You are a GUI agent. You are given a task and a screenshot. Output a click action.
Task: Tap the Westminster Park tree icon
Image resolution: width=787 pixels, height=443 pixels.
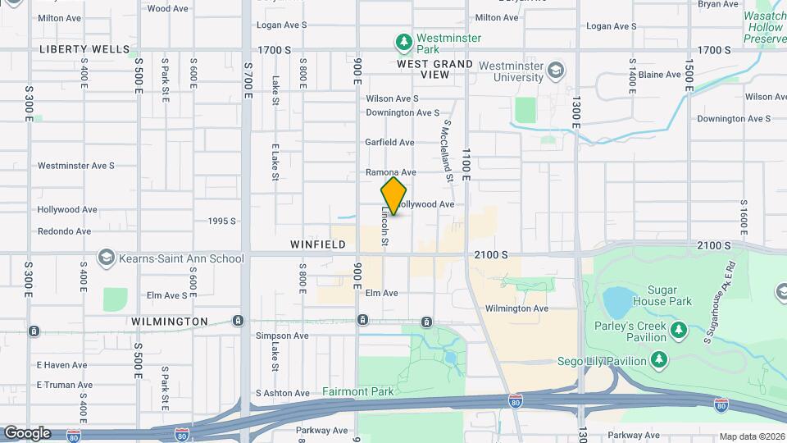403,40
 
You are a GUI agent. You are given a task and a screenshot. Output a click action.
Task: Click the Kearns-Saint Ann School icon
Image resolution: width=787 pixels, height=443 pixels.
106,258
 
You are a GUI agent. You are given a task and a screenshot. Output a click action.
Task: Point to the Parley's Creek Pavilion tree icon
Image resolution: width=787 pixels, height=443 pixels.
678,330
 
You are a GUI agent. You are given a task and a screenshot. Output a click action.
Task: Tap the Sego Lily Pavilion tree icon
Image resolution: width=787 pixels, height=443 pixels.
658,359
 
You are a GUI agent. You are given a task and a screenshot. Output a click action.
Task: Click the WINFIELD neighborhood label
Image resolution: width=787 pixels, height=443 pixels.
315,244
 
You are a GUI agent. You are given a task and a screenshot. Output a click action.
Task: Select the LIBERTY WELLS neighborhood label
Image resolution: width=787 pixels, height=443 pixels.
79,50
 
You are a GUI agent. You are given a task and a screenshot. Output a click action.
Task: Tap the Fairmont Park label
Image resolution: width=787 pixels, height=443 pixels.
357,391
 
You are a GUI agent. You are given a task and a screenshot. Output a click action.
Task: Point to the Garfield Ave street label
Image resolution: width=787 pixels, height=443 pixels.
389,143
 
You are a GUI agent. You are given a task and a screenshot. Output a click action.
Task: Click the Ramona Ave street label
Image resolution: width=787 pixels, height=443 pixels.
390,173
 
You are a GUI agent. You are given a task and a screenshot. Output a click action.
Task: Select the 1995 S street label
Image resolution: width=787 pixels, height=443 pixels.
221,221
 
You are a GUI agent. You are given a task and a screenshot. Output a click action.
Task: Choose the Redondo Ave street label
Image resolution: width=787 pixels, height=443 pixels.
64,231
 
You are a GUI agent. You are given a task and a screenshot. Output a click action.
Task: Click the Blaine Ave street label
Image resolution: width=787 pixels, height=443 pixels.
660,75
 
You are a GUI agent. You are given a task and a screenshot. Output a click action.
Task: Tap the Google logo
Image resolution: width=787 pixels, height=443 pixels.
27,433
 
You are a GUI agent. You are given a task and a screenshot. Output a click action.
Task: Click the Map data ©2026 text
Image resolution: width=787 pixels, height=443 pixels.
751,436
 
